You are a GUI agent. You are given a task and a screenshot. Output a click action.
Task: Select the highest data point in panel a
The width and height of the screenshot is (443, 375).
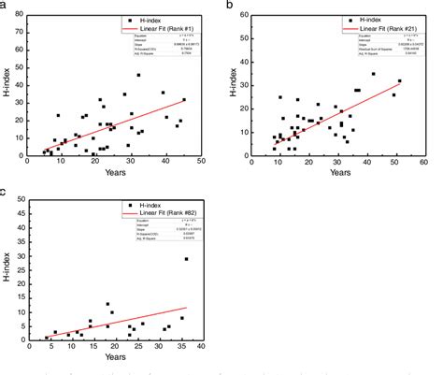click(138, 75)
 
